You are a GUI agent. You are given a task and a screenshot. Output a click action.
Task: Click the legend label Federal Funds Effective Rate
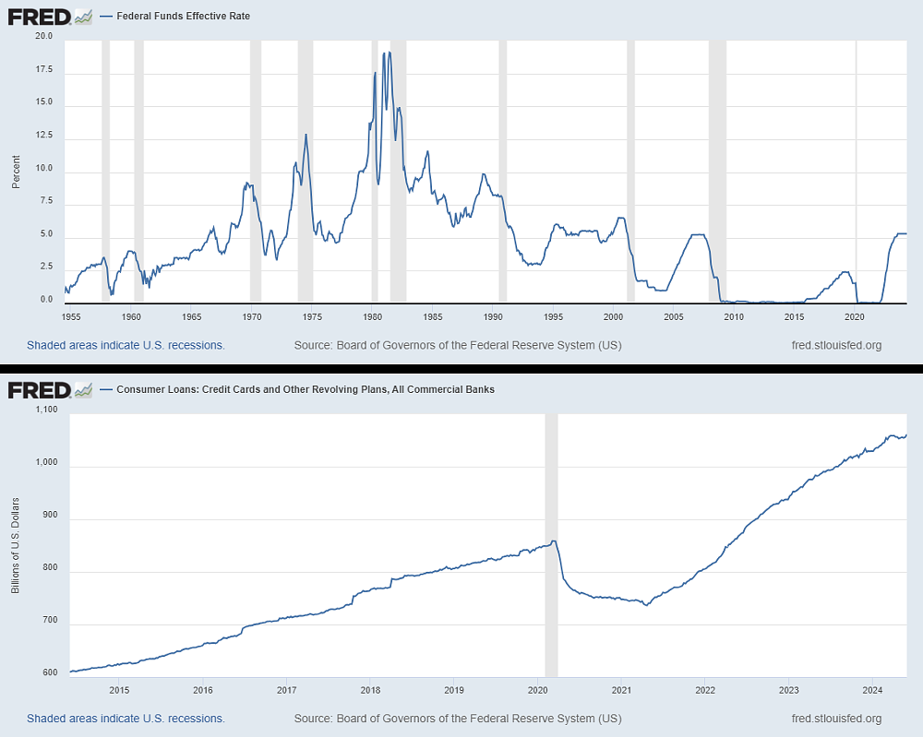click(180, 17)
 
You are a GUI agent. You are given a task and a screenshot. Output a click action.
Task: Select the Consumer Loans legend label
click(306, 389)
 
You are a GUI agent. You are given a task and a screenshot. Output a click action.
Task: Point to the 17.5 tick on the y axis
click(44, 70)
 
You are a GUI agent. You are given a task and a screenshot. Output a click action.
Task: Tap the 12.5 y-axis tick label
click(44, 137)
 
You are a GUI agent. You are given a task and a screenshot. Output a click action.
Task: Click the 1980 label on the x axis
click(372, 316)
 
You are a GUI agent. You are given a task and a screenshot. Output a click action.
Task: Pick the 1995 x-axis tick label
click(553, 316)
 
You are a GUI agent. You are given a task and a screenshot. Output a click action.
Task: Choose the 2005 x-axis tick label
click(674, 316)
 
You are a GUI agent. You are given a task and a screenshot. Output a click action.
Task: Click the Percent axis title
click(16, 171)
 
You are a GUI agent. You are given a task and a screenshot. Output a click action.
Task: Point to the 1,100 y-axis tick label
click(44, 410)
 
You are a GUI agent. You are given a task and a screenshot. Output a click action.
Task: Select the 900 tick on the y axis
click(48, 520)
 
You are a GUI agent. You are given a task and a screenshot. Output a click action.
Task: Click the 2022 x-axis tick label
click(705, 689)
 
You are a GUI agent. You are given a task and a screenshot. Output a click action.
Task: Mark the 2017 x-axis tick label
click(286, 689)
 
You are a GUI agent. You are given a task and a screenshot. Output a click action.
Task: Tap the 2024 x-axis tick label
click(872, 689)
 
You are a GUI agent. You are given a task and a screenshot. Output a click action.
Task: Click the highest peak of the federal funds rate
click(389, 53)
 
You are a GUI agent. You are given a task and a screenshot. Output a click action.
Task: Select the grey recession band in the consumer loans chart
click(551, 544)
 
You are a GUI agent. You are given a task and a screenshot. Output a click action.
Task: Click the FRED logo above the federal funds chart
click(50, 17)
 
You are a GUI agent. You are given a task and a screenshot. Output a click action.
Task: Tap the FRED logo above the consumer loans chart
click(50, 389)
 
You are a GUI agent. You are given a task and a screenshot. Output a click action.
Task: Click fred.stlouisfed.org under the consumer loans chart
click(836, 719)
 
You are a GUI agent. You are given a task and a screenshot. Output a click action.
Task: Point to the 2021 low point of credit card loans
click(646, 605)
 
